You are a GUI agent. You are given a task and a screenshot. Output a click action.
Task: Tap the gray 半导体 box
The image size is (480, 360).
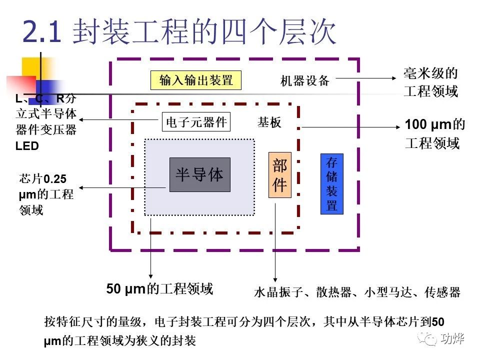(200, 174)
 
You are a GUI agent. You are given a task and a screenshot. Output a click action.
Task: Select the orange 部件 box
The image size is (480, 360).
(279, 174)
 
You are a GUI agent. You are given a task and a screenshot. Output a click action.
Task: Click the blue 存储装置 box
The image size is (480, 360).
(332, 184)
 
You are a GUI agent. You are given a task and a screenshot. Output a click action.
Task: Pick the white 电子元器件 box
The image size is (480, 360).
(196, 121)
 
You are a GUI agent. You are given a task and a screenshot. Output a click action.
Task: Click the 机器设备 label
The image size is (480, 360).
(305, 80)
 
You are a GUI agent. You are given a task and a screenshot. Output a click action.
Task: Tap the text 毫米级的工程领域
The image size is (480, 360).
(430, 83)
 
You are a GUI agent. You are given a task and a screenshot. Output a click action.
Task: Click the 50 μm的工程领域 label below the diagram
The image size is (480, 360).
(159, 288)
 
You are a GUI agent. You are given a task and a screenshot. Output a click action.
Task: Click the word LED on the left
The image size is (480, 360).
(27, 146)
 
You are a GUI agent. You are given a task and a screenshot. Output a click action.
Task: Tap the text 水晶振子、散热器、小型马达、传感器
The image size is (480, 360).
(356, 292)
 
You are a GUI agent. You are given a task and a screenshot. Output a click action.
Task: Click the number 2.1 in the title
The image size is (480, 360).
(42, 32)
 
